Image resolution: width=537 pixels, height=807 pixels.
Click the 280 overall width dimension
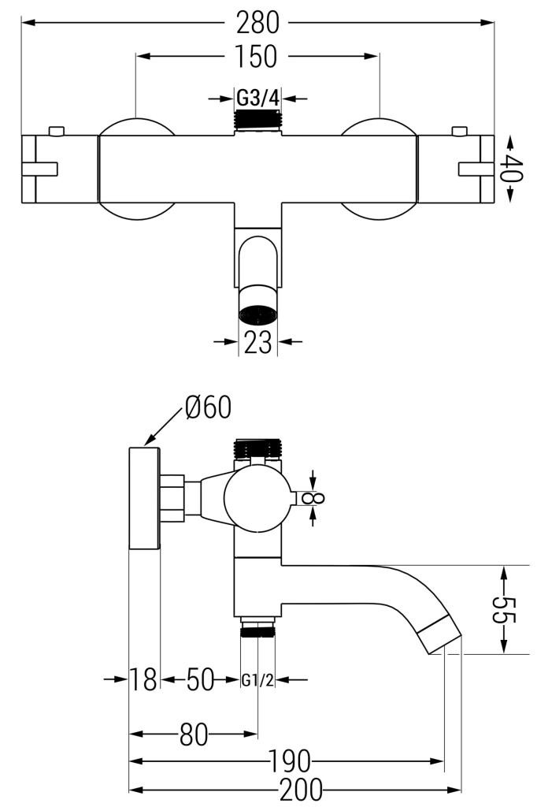click(257, 22)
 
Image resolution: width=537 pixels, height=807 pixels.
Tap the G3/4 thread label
click(257, 97)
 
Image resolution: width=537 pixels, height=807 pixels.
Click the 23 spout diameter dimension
click(257, 341)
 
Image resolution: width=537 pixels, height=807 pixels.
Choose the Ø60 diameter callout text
click(208, 407)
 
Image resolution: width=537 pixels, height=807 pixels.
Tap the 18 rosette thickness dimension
click(143, 679)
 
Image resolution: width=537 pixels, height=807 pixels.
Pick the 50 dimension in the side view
click(199, 679)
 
